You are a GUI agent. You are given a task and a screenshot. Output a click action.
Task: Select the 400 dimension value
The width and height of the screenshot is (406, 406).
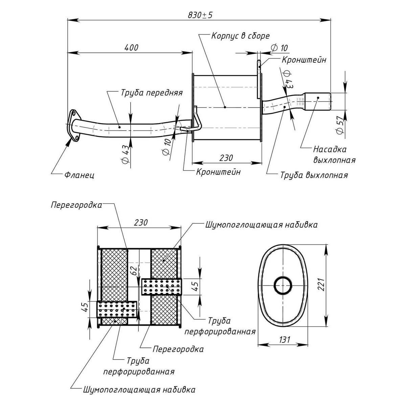click(x=131, y=47)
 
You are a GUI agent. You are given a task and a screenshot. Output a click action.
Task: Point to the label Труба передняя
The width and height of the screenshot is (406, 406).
click(x=151, y=93)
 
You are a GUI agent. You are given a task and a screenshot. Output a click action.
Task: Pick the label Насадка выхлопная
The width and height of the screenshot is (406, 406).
click(x=334, y=154)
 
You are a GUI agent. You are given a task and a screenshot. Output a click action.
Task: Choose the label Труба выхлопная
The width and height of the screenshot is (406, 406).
click(x=314, y=175)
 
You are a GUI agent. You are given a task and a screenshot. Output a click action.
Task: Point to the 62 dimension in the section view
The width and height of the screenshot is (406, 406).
click(x=134, y=270)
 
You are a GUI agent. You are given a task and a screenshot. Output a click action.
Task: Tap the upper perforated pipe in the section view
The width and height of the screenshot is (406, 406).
click(x=161, y=287)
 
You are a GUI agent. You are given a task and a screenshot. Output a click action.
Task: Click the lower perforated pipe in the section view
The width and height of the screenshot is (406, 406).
click(x=117, y=309)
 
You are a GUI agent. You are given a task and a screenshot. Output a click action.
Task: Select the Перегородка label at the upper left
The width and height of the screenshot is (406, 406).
click(x=76, y=205)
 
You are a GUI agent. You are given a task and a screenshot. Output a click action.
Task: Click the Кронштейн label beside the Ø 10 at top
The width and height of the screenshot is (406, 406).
click(x=304, y=60)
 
